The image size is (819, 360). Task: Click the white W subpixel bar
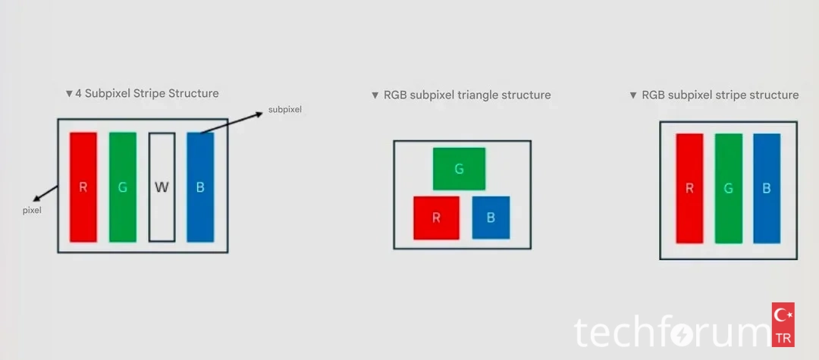[x=162, y=187]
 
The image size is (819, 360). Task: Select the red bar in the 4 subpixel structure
[x=83, y=187]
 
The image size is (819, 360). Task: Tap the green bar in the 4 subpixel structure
[x=123, y=187]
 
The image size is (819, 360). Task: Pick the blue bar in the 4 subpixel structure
[x=200, y=187]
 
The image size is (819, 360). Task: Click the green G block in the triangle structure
[x=459, y=169]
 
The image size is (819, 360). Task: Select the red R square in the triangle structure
[x=436, y=218]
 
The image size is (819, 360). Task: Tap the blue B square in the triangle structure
[x=491, y=218]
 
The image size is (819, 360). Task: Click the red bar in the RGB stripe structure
[x=689, y=189]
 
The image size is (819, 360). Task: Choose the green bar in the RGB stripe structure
[x=728, y=189]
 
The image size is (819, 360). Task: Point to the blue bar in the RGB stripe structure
[x=767, y=189]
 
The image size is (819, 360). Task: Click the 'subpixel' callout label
[x=284, y=110]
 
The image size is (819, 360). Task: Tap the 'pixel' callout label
[x=32, y=210]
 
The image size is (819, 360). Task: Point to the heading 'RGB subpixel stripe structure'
[x=720, y=95]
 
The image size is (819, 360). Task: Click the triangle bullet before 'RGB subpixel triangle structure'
[x=375, y=96]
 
